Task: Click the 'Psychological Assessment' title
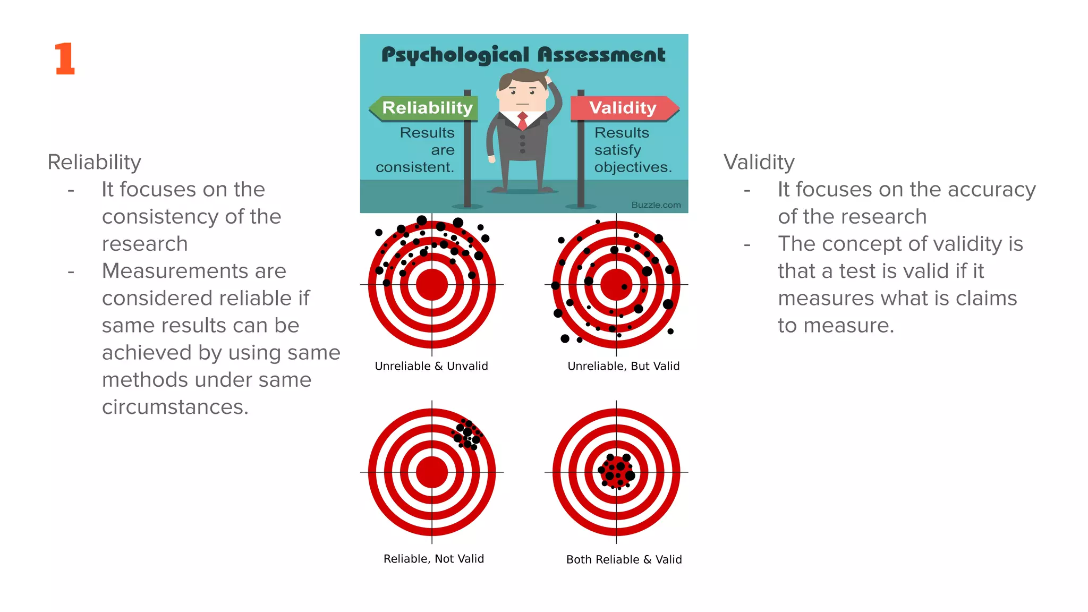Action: (x=523, y=55)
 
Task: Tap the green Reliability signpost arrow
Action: (x=425, y=108)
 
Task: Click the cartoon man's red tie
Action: (x=523, y=121)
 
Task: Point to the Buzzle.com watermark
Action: (x=656, y=205)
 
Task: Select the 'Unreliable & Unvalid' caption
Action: (x=431, y=366)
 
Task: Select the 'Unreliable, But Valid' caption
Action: (x=623, y=366)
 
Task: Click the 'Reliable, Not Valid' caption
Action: (x=433, y=559)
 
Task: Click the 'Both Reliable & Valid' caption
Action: (x=624, y=559)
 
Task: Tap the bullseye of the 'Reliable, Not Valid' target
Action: (x=432, y=472)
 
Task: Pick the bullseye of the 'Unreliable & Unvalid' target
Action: (x=432, y=284)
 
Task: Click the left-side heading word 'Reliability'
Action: (x=95, y=162)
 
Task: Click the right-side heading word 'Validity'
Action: (x=759, y=162)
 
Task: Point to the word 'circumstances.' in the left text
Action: (x=175, y=407)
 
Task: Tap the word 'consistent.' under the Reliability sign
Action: (x=415, y=167)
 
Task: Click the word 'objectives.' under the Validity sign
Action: (x=633, y=167)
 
